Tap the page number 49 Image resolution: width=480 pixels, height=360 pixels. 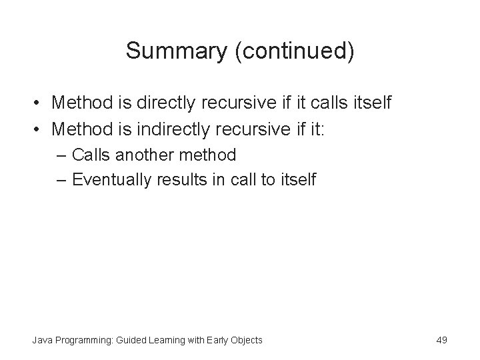(441, 340)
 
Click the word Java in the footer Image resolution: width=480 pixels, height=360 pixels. (41, 340)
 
